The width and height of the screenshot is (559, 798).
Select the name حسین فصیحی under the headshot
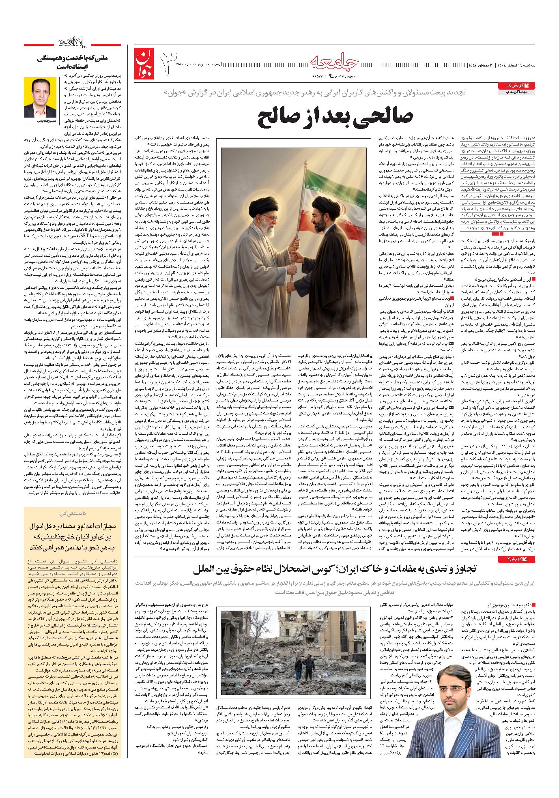[34, 120]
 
